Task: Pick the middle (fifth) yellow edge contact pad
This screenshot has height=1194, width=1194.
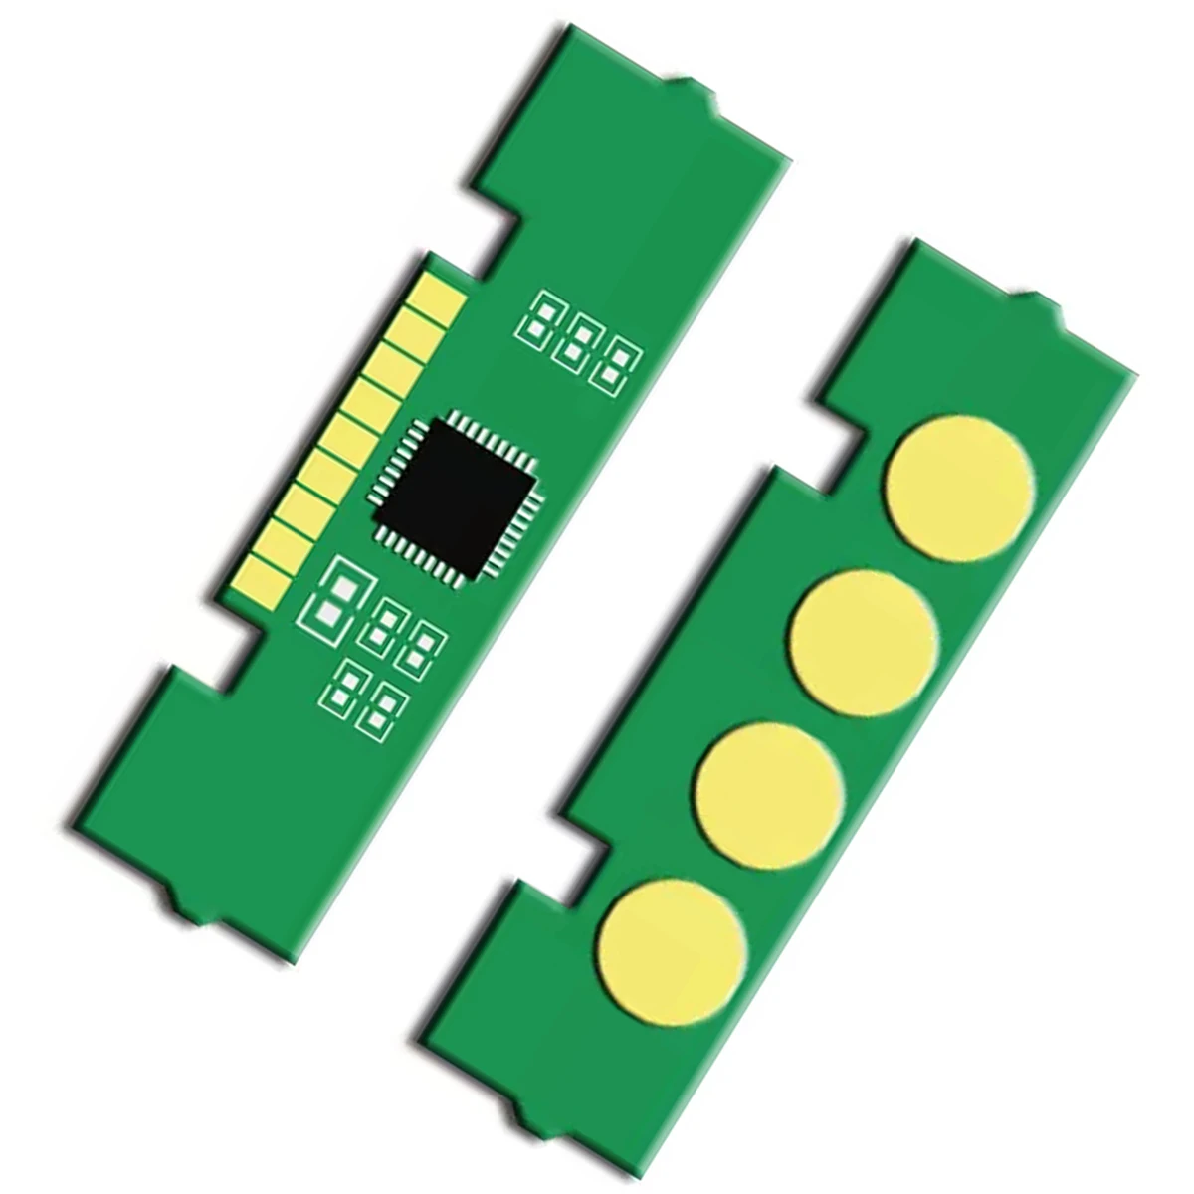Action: pos(351,435)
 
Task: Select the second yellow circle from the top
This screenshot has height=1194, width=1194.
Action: pos(865,643)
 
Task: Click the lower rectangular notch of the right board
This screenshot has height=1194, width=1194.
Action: pos(587,856)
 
